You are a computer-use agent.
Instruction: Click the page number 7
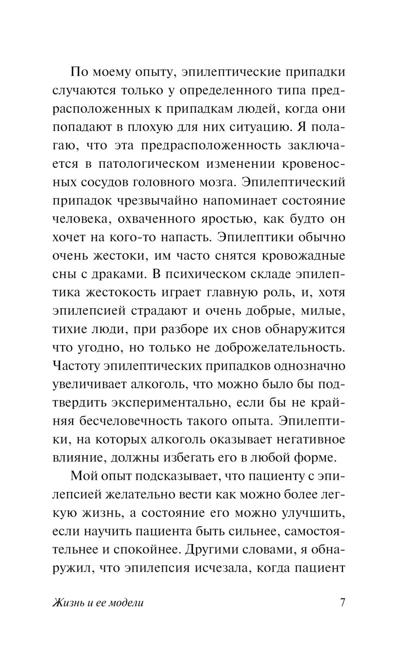[342, 603]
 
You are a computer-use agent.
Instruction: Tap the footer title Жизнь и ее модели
[98, 603]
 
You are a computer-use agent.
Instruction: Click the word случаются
[82, 91]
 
